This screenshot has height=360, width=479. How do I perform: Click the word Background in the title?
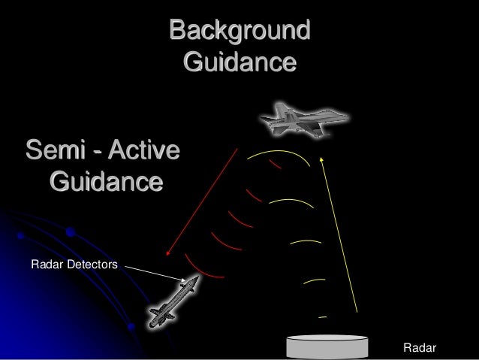tap(239, 31)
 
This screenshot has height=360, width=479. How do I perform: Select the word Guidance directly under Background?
tap(239, 61)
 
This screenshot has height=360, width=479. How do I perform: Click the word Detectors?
tap(92, 264)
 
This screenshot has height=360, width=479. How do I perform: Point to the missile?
tap(173, 301)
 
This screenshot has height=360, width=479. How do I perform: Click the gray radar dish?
tap(328, 346)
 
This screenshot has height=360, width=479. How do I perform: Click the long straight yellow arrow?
tap(339, 233)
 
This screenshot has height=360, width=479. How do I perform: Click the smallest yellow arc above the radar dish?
tap(322, 317)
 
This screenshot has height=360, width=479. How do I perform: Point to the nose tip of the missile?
tap(197, 278)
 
